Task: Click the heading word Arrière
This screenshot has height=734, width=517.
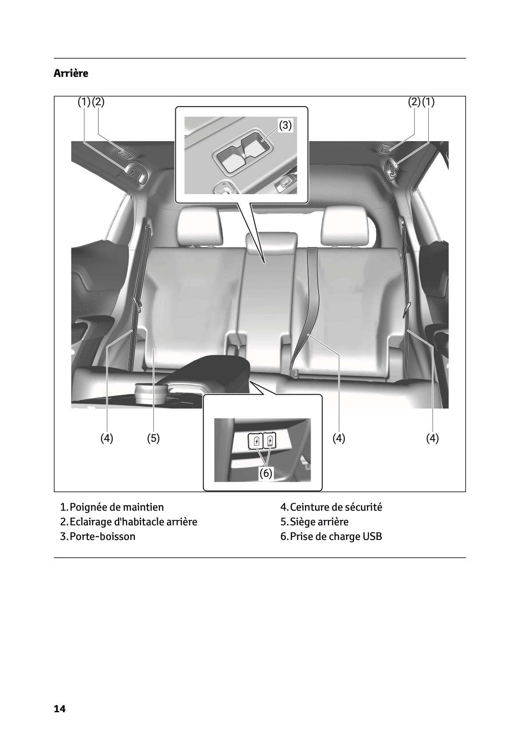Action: (x=71, y=73)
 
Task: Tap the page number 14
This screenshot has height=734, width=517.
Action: (x=59, y=709)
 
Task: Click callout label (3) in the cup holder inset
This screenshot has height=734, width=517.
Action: (x=285, y=126)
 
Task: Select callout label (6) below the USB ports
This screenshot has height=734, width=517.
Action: (x=265, y=473)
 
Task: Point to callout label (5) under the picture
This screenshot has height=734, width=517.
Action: (x=153, y=438)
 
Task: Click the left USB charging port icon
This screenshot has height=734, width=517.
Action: (x=257, y=441)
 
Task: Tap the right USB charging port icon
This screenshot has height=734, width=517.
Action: (x=270, y=441)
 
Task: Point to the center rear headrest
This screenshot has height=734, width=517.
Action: (x=271, y=243)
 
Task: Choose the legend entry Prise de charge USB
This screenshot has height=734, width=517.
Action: (x=335, y=536)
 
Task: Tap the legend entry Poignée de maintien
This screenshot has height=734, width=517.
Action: (x=117, y=507)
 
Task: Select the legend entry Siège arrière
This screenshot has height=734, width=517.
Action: (x=319, y=522)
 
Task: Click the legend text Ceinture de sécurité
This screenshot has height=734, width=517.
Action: (x=335, y=507)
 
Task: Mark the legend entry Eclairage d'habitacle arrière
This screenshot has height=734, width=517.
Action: (x=133, y=522)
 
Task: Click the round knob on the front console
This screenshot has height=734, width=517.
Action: (x=151, y=393)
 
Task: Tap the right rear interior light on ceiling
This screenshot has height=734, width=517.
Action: (x=383, y=149)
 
